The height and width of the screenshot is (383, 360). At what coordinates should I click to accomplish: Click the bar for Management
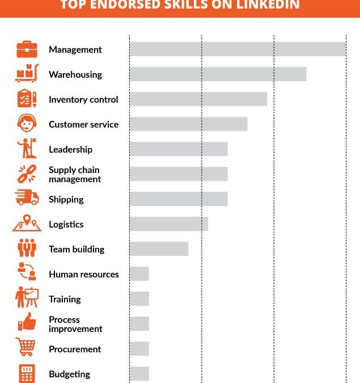click(237, 49)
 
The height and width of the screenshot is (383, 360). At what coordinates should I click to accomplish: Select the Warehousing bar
click(218, 74)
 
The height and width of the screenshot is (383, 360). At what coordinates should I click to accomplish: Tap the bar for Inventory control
click(198, 99)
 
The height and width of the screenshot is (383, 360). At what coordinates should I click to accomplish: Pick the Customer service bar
click(188, 124)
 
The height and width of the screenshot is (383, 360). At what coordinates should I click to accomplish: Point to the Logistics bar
click(168, 224)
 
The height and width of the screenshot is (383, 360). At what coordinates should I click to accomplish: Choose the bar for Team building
click(159, 249)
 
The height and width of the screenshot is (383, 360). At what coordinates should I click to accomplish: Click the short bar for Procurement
click(139, 349)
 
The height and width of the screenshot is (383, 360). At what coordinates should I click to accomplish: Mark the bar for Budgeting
click(139, 374)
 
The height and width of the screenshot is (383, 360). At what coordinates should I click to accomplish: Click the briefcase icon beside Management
click(27, 49)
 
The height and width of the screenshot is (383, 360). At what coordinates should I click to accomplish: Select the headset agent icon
click(27, 124)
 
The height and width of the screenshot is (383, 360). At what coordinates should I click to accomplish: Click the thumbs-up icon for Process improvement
click(27, 322)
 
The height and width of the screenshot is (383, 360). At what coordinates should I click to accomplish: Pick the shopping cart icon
click(26, 347)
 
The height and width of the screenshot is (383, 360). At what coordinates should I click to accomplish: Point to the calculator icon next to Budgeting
click(27, 373)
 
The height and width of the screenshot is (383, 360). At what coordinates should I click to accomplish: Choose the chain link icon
click(27, 174)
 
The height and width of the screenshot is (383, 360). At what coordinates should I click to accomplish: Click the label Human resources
click(83, 274)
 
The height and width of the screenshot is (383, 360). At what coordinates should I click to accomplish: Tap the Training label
click(65, 299)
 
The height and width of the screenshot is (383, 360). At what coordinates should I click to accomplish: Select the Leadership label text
click(70, 149)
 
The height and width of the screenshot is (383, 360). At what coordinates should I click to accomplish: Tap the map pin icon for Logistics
click(27, 223)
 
